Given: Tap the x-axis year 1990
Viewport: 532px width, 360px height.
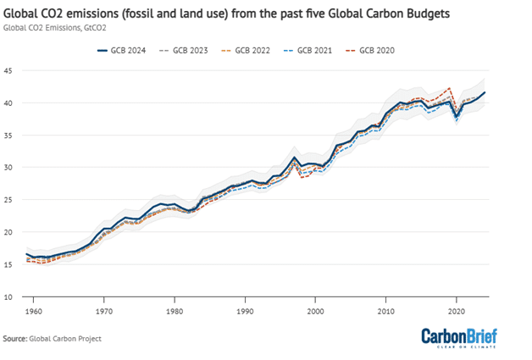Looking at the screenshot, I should [x=245, y=310].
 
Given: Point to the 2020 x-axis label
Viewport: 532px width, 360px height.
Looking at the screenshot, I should [x=457, y=310].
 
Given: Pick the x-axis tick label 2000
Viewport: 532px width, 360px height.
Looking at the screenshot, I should [x=316, y=310].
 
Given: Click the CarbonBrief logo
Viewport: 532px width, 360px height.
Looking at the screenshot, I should [x=460, y=336].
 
